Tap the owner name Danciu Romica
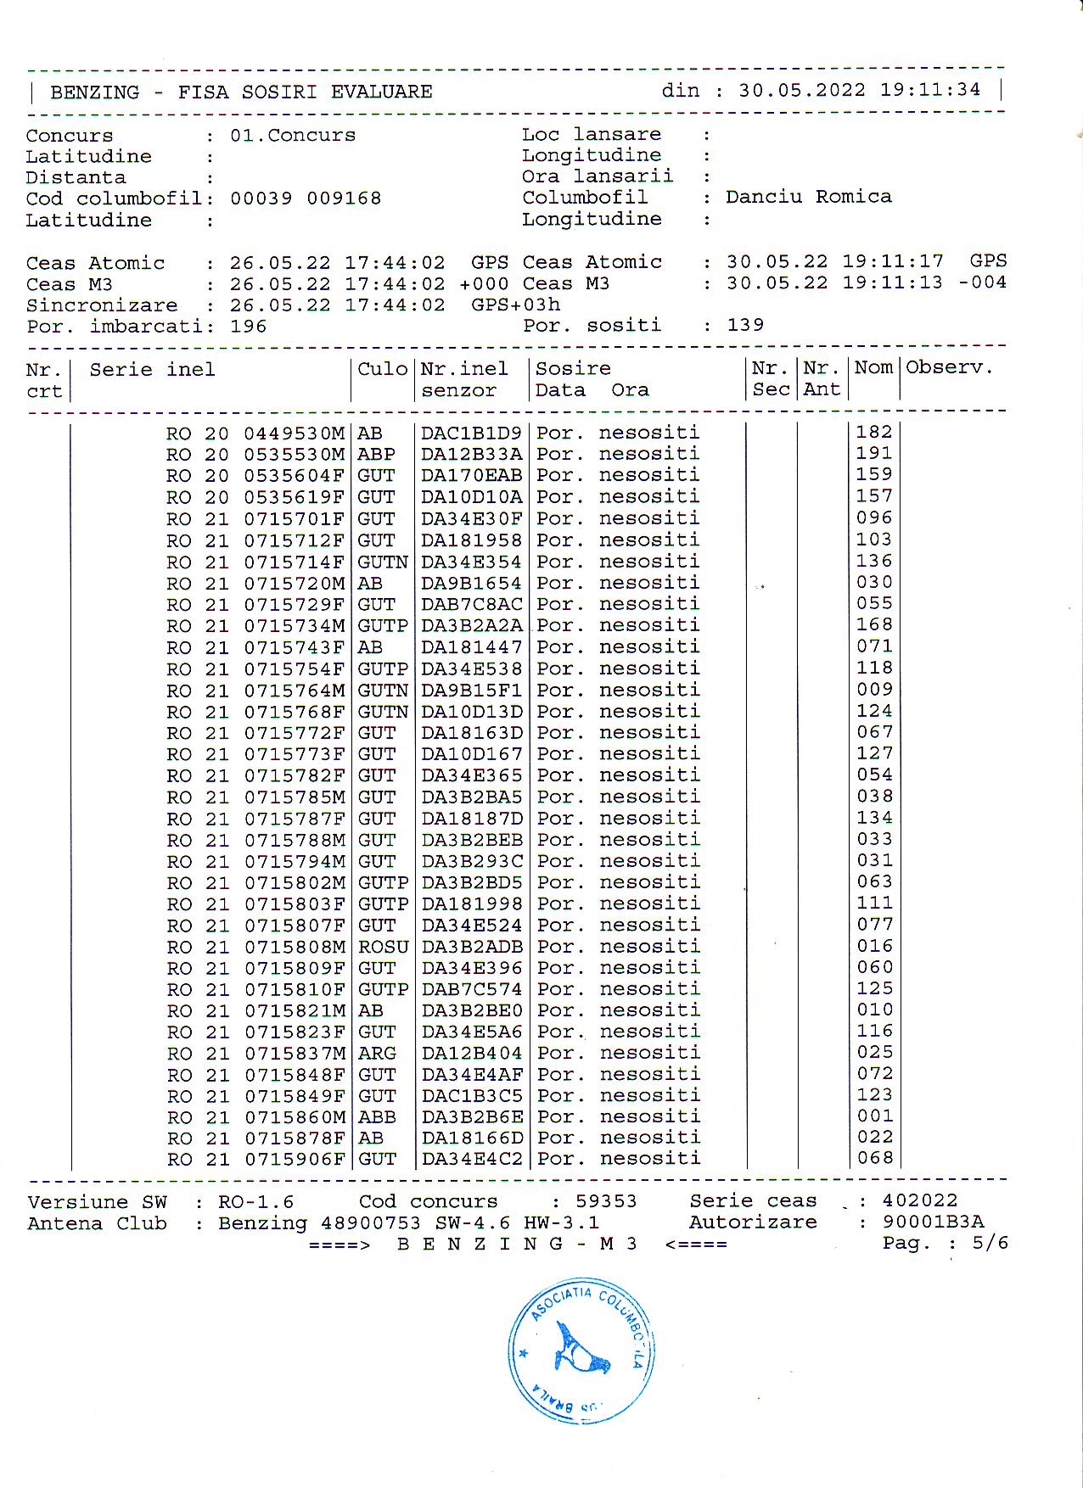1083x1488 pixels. (808, 197)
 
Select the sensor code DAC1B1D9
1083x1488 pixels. (471, 433)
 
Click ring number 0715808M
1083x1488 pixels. (295, 947)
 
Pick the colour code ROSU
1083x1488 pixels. (383, 947)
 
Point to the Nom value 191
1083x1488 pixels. (873, 454)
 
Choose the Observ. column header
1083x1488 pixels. (949, 368)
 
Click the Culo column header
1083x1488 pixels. (382, 369)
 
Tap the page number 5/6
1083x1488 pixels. (990, 1244)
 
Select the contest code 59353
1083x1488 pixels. (606, 1201)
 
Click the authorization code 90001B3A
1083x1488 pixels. (933, 1222)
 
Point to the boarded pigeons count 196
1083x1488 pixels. (248, 327)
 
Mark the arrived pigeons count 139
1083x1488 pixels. (745, 325)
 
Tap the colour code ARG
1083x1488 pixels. (377, 1054)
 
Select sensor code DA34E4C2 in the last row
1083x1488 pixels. (472, 1159)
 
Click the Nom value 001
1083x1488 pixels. (874, 1116)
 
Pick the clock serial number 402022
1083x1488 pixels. (920, 1200)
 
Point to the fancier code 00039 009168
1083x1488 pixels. (306, 199)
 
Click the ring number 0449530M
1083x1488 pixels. (295, 434)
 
